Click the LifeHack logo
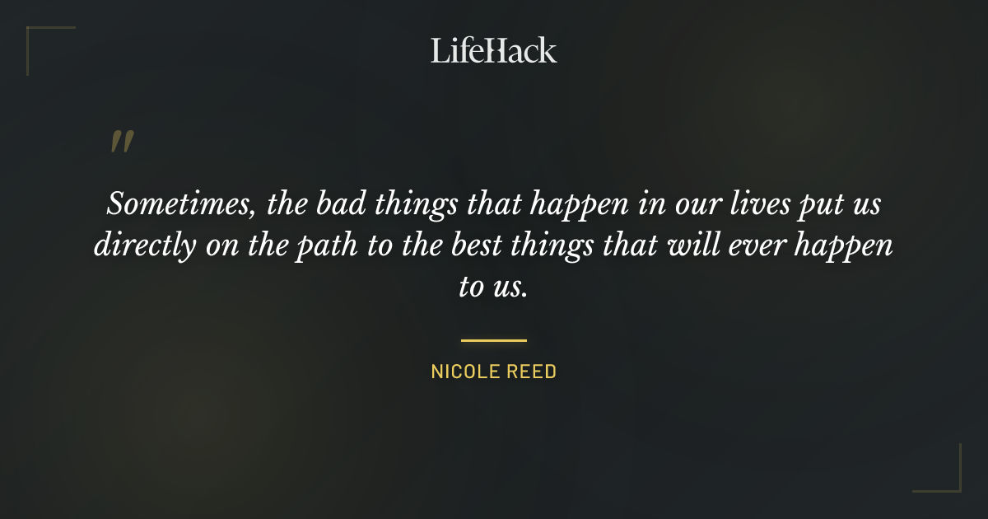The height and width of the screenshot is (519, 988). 493,50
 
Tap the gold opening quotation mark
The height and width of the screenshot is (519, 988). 121,143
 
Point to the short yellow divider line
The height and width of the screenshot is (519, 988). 493,339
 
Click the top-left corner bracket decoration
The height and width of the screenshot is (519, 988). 37,37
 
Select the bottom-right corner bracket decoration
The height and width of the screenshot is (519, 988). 950,482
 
